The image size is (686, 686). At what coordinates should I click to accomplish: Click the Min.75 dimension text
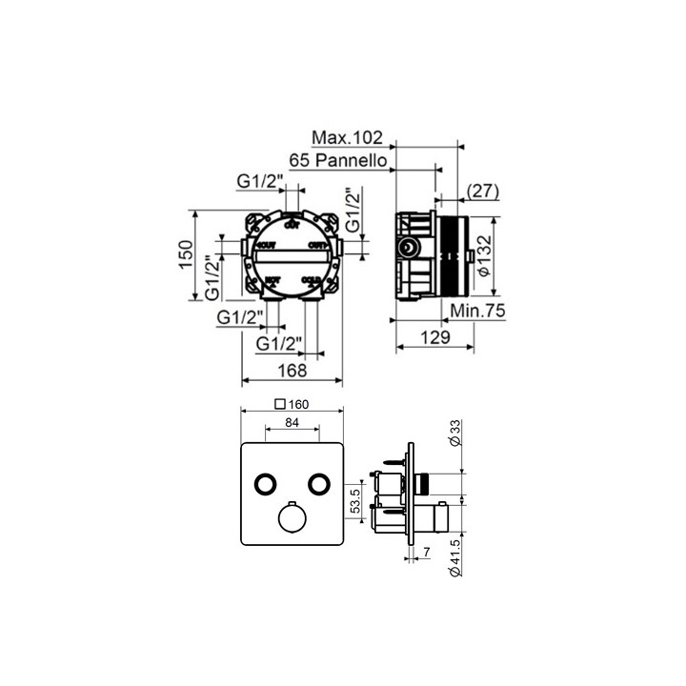pos(477,311)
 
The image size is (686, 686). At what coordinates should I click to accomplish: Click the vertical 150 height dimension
pos(187,255)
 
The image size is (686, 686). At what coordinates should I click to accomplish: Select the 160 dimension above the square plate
pos(298,403)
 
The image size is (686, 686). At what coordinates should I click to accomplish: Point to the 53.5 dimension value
pos(355,502)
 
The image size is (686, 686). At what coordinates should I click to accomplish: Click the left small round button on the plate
pos(264,484)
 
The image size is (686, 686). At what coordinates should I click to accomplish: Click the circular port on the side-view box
pos(407,250)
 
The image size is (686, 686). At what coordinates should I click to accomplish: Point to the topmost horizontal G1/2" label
pos(257,181)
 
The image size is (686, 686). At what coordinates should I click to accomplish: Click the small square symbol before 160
pos(279,403)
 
